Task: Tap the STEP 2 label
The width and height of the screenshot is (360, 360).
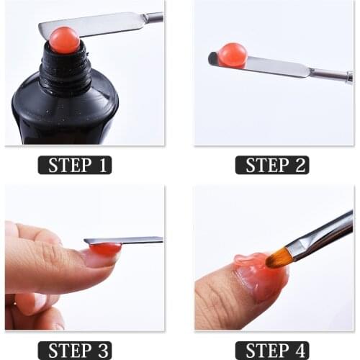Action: pyautogui.click(x=271, y=165)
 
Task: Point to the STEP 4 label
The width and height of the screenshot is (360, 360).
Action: pyautogui.click(x=271, y=351)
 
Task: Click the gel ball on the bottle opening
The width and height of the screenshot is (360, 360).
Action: pyautogui.click(x=65, y=40)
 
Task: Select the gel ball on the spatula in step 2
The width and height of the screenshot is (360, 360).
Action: pyautogui.click(x=233, y=54)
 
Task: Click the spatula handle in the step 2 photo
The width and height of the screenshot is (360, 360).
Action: pyautogui.click(x=328, y=73)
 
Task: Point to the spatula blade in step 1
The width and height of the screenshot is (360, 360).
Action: pyautogui.click(x=101, y=25)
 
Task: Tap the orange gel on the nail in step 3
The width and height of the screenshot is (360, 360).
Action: pyautogui.click(x=106, y=249)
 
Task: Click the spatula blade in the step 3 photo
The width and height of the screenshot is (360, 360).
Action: pyautogui.click(x=133, y=240)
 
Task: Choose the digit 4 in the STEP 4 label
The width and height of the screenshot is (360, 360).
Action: pyautogui.click(x=300, y=351)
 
